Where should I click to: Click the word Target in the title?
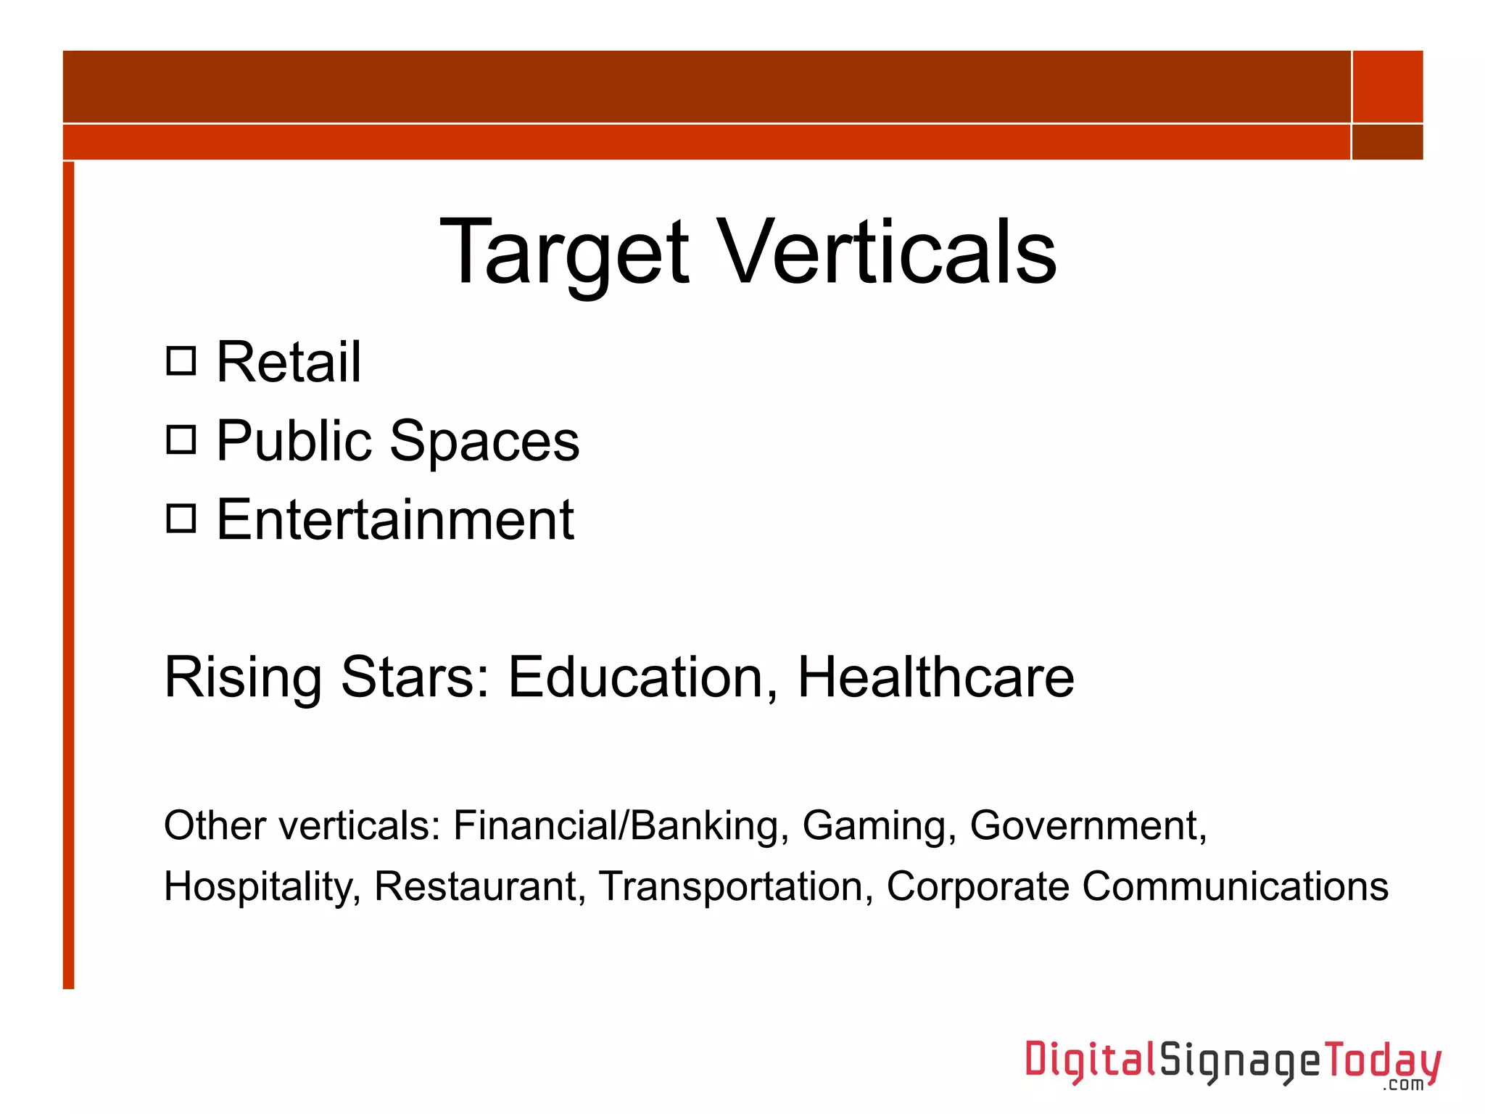[564, 254]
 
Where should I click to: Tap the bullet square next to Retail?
[181, 360]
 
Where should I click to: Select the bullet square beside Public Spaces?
[181, 440]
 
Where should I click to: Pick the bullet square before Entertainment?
[181, 519]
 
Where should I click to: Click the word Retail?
[289, 362]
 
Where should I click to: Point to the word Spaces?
[484, 442]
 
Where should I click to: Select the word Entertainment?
[395, 519]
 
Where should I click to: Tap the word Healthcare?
[935, 677]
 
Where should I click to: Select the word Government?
[1088, 825]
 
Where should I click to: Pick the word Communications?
[1235, 886]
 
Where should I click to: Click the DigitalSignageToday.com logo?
[1232, 1063]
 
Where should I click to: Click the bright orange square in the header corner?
[1387, 86]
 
